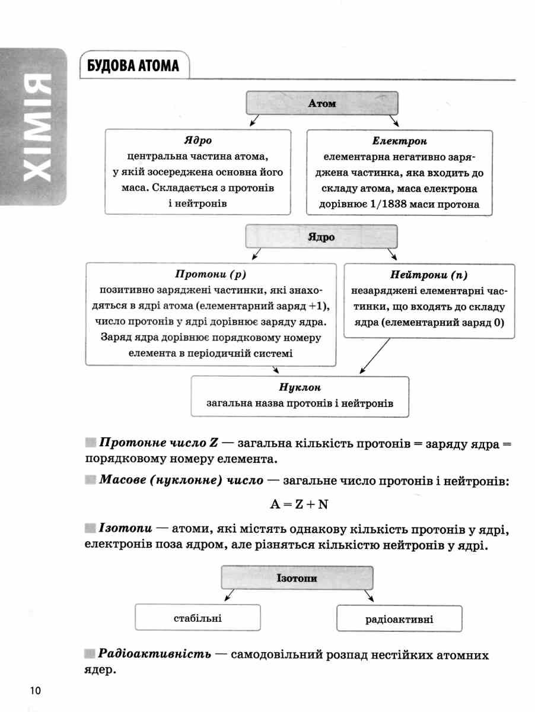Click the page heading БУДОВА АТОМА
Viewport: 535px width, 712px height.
133,65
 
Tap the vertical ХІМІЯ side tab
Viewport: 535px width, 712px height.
33,127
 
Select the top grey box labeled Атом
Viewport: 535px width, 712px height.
322,103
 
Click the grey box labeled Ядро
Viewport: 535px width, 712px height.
321,237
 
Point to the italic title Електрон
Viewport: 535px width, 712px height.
399,141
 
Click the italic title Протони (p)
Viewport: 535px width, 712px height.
211,275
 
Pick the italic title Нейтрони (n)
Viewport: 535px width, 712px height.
429,275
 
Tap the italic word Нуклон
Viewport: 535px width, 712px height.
300,387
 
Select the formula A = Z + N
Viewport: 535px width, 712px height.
299,504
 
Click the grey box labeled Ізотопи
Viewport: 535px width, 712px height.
297,578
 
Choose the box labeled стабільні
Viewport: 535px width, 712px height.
198,618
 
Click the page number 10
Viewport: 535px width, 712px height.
36,690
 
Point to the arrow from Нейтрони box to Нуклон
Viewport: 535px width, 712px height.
375,356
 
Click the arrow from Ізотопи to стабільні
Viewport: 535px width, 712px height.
229,595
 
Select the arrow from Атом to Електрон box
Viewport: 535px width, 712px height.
394,120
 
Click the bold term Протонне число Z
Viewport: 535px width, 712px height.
158,443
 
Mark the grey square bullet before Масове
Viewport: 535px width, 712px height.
91,480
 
